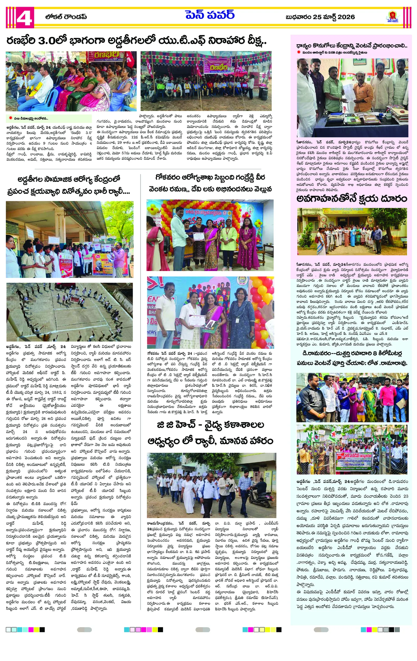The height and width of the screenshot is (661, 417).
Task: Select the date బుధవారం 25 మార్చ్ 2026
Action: point(320,17)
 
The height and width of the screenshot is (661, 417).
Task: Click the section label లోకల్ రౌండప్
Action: point(66,17)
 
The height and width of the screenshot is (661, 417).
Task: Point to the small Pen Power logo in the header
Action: point(393,17)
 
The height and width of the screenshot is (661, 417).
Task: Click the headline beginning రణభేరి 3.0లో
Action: point(136,42)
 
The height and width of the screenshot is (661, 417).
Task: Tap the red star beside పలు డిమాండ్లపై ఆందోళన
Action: point(10,118)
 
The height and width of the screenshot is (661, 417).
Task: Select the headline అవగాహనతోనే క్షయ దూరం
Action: point(352,199)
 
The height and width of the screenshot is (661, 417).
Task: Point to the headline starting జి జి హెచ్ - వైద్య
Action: point(210,433)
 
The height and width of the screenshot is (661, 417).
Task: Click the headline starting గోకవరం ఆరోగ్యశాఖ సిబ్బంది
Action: point(210,183)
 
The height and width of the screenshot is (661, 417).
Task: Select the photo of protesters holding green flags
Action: point(352,450)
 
